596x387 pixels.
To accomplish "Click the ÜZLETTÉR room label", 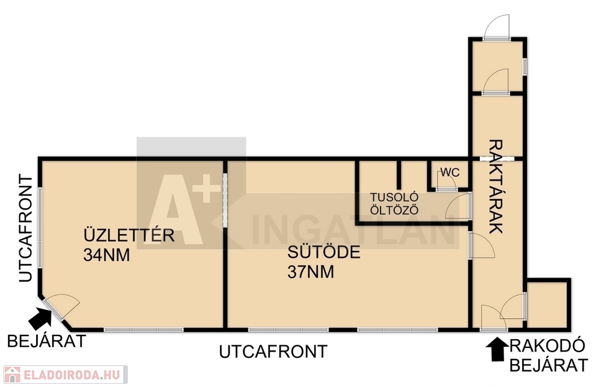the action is tap(129, 235).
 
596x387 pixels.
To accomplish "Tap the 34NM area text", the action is tap(106, 255).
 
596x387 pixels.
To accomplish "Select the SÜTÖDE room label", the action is tap(324, 252).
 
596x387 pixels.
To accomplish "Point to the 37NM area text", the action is tap(310, 272).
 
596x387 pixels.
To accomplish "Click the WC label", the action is tap(450, 173).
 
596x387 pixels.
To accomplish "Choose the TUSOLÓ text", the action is tap(394, 198).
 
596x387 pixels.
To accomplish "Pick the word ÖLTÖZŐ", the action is tap(394, 210).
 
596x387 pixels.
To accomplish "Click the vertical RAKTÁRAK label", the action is tap(495, 186).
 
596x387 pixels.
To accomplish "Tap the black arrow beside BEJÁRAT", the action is tap(40, 318).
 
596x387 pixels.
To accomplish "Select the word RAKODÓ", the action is tap(547, 346).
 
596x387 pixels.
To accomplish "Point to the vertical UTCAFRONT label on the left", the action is tap(26, 228).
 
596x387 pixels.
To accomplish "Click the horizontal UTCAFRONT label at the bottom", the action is tap(273, 352).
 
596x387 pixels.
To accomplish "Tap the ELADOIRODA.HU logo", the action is tap(65, 375).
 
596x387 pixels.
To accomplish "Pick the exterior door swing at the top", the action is tap(497, 27).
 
